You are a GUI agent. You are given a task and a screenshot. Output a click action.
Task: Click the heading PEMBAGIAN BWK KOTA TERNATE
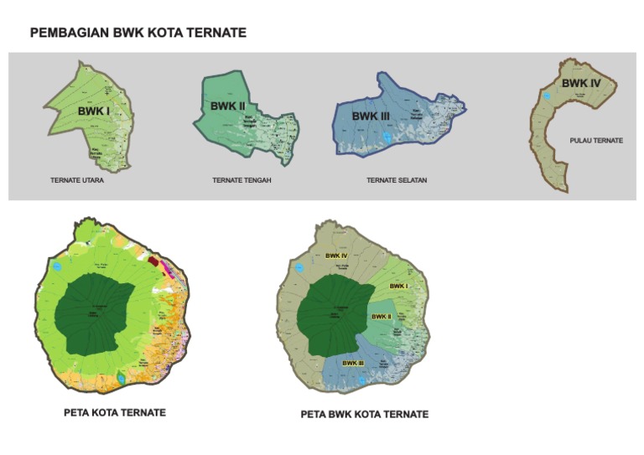click(138, 33)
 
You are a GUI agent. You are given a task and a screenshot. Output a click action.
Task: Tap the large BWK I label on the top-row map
click(94, 111)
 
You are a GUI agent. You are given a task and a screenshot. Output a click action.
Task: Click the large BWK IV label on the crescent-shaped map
click(580, 84)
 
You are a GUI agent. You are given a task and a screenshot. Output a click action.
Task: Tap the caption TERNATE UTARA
click(76, 180)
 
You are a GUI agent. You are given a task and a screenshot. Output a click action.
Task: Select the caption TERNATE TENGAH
click(241, 180)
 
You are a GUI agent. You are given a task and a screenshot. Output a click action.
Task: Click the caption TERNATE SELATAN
click(397, 180)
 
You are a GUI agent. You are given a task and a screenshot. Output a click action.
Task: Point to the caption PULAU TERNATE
click(595, 141)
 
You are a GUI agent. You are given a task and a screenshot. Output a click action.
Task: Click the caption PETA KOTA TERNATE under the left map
click(115, 413)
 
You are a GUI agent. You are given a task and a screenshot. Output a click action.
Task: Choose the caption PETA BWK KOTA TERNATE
click(365, 415)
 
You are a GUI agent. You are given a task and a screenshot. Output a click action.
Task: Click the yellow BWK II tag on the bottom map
click(382, 317)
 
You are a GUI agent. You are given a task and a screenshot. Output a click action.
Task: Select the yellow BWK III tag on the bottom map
click(353, 363)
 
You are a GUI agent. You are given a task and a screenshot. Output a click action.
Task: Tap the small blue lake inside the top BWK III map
click(386, 136)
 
